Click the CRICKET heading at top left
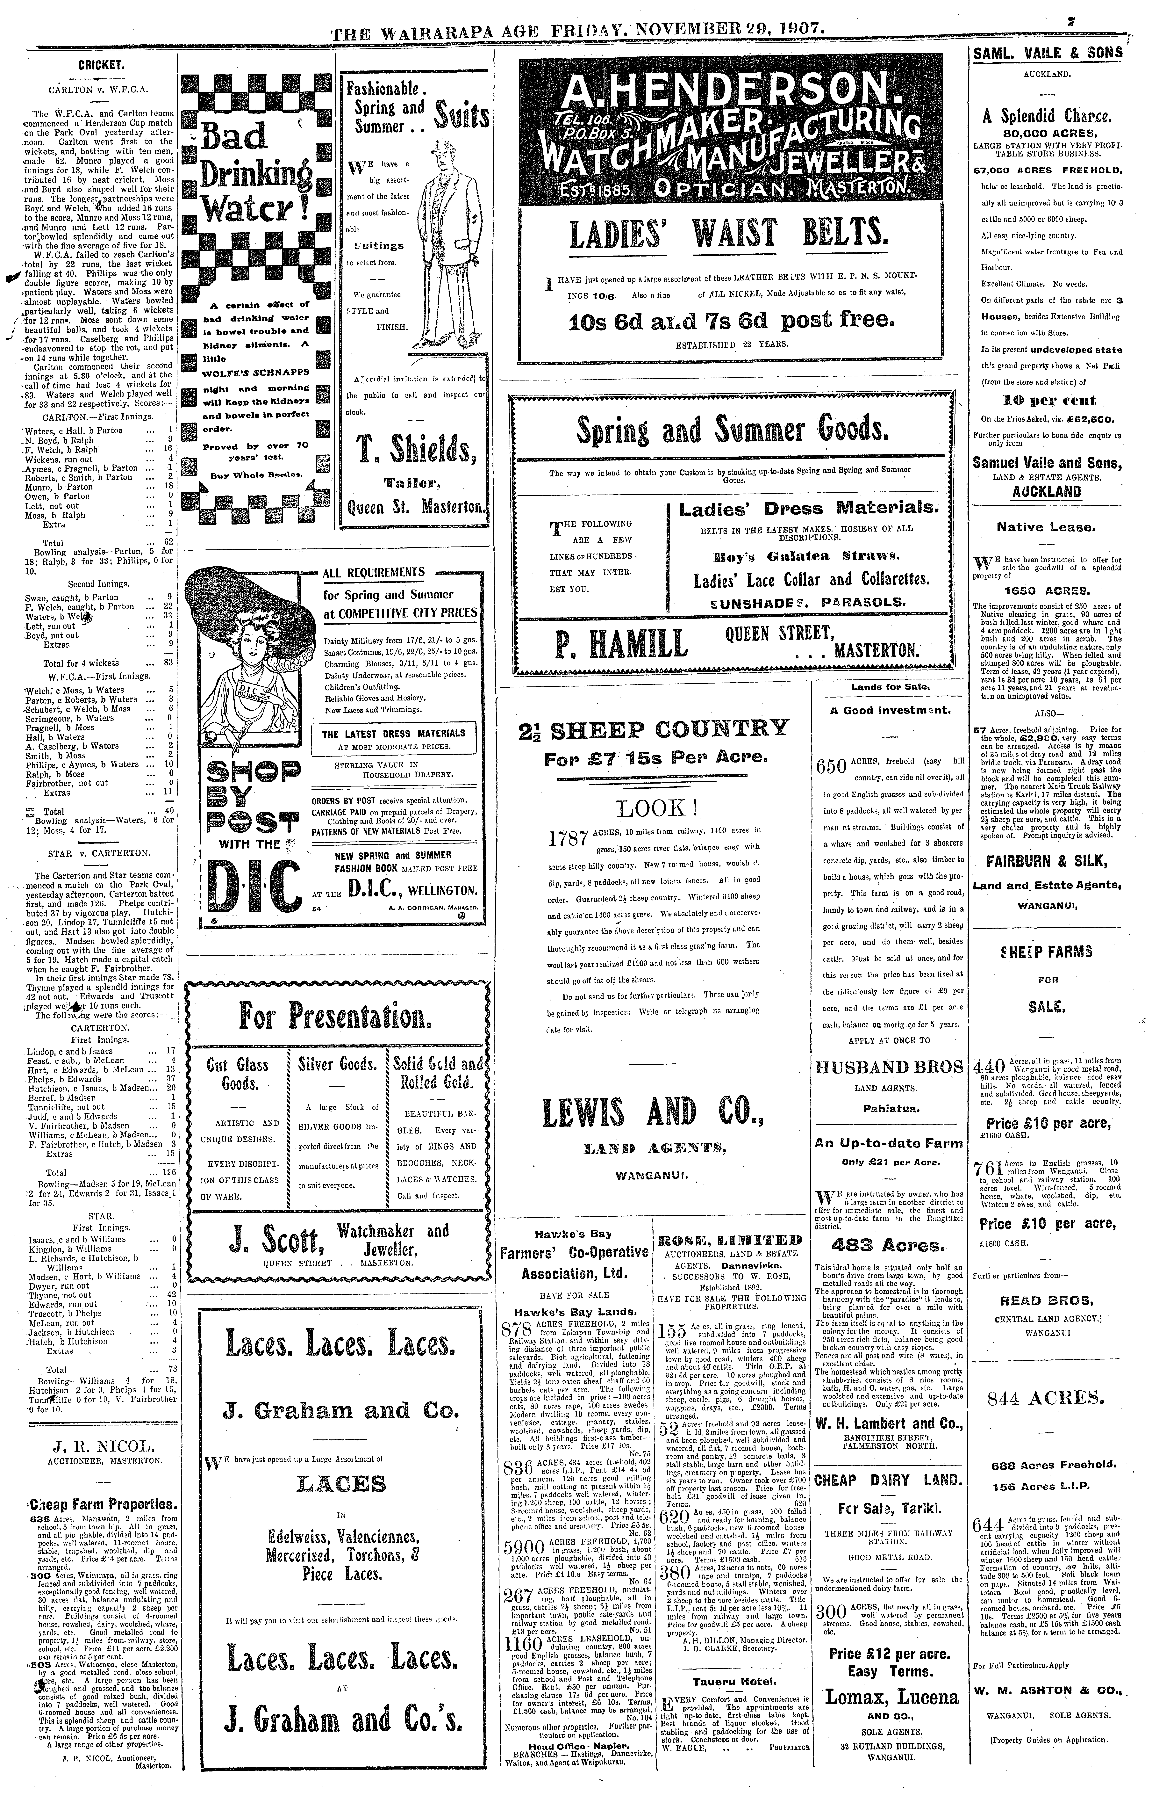click(x=101, y=65)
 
